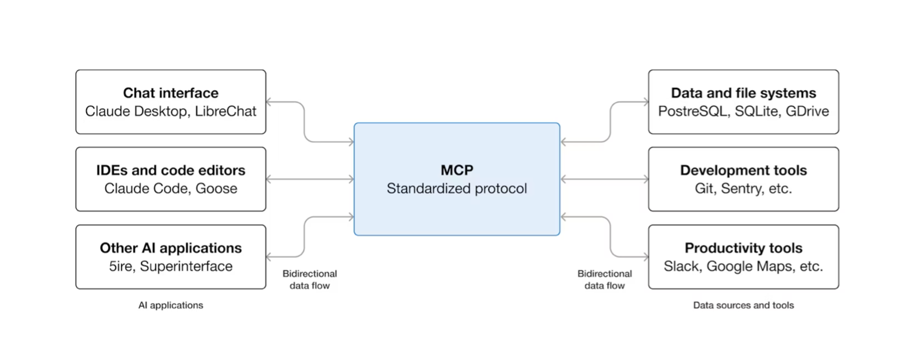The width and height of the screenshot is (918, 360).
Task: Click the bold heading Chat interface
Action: pos(171,93)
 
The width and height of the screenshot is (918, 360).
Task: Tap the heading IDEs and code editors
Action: pos(171,171)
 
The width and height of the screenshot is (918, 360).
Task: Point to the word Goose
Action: pos(216,188)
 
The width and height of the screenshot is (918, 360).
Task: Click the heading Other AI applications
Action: pos(171,248)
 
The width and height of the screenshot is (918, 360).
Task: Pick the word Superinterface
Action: pos(186,266)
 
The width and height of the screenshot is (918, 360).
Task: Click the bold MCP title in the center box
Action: pos(457,170)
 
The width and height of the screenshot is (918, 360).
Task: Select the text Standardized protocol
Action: pos(457,189)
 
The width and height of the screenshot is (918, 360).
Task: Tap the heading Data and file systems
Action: pos(743,93)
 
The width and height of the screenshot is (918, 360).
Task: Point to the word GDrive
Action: pos(807,111)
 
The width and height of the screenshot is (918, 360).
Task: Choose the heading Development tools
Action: pos(743,171)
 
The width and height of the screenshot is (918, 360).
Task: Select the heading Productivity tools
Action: pos(743,248)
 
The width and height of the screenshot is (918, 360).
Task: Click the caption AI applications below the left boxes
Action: pos(171,306)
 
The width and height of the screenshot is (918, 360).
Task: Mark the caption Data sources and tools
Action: pos(743,306)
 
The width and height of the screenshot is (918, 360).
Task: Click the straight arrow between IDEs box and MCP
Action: pos(310,180)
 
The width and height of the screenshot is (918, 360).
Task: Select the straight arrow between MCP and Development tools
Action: pos(604,180)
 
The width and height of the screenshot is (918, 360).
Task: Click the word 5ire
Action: pos(116,266)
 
